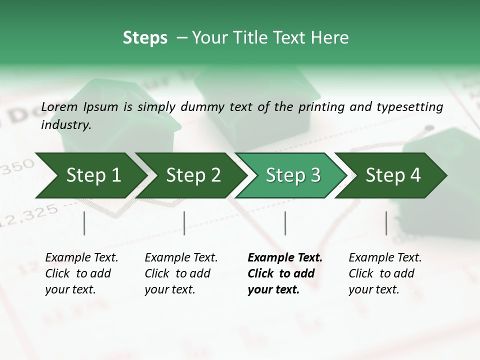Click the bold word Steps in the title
point(145,38)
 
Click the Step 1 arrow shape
point(90,175)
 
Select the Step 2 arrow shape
point(192,175)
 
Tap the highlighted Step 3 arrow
point(292,175)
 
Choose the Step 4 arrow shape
point(392,175)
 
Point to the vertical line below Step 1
point(84,223)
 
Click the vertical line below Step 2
point(184,223)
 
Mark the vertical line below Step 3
point(285,223)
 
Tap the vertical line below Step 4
point(386,223)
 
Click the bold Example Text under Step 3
point(284,273)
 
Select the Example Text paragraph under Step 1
point(81,273)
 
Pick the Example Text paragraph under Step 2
point(181,273)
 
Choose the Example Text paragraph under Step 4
point(385,273)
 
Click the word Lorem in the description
point(59,106)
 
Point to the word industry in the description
point(65,125)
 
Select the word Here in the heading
point(332,38)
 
